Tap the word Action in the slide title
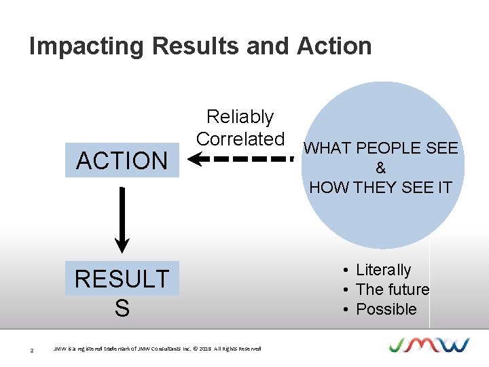point(334,46)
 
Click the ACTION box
point(122,161)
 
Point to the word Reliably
point(240,117)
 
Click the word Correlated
point(240,139)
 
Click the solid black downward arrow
point(122,218)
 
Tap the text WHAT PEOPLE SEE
point(380,148)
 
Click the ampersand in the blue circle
point(380,168)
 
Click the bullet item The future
point(392,290)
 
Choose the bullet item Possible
point(386,309)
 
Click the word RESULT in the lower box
point(122,279)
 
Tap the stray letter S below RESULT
point(122,309)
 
